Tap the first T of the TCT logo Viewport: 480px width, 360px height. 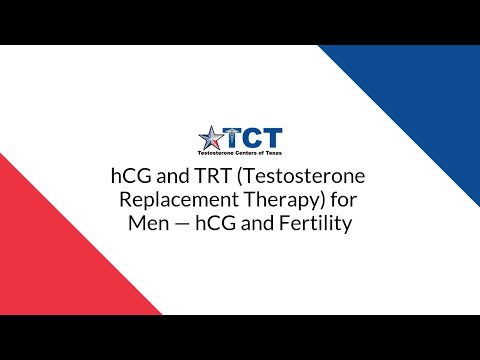coord(233,137)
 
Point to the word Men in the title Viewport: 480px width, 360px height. coord(146,224)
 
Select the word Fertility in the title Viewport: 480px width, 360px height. coord(309,224)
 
